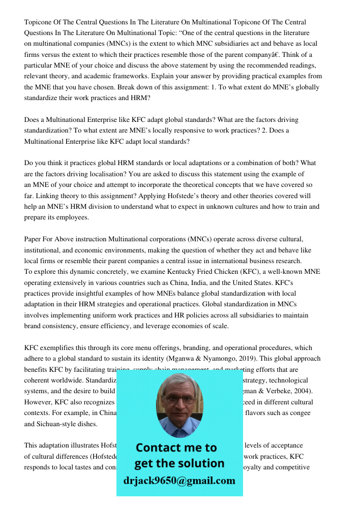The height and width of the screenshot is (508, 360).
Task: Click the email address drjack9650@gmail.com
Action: click(179, 481)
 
